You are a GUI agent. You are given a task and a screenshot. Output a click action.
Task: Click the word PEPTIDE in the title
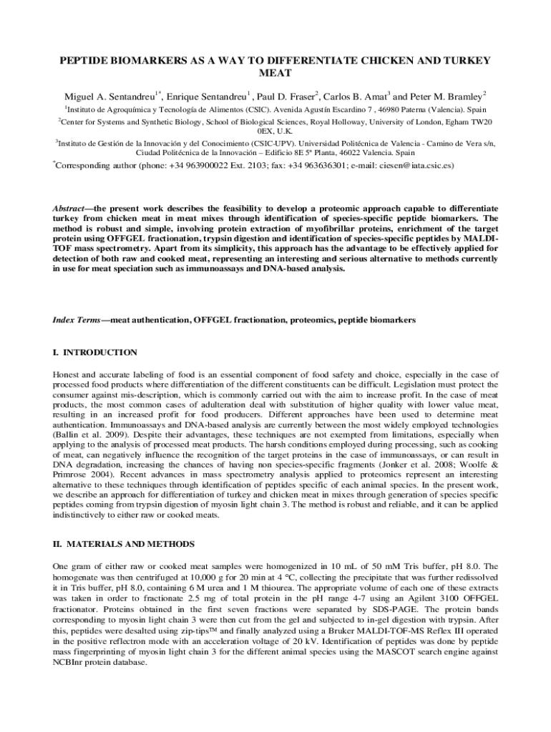click(86, 61)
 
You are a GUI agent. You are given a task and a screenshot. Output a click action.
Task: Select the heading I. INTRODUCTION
click(95, 352)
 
